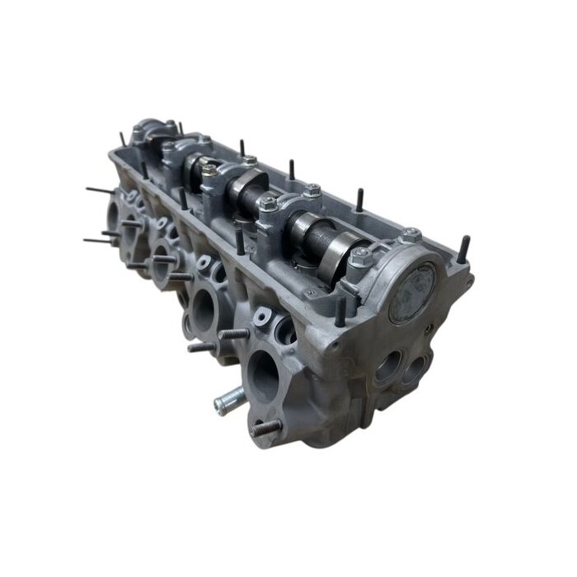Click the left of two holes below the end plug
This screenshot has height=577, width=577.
[387, 368]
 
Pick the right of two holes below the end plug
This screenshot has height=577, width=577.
[417, 366]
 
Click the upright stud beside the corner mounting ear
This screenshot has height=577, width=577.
[465, 248]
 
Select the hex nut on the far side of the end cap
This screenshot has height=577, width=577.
[410, 236]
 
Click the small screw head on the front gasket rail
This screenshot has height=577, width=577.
[308, 293]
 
